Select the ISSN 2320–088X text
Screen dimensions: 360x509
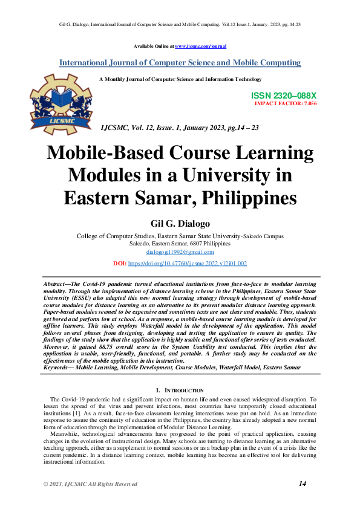tap(284, 96)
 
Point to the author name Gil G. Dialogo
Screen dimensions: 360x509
tap(179, 222)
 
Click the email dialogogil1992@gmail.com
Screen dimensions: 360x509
tap(180, 251)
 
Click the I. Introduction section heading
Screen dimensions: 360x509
tap(180, 391)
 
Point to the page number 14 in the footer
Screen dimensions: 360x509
tap(303, 483)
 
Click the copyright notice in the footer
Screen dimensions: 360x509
tap(90, 484)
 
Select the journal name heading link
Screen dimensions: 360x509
tap(180, 63)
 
